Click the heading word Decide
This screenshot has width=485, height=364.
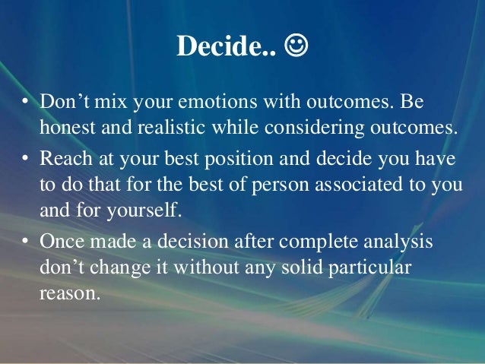coord(217,46)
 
